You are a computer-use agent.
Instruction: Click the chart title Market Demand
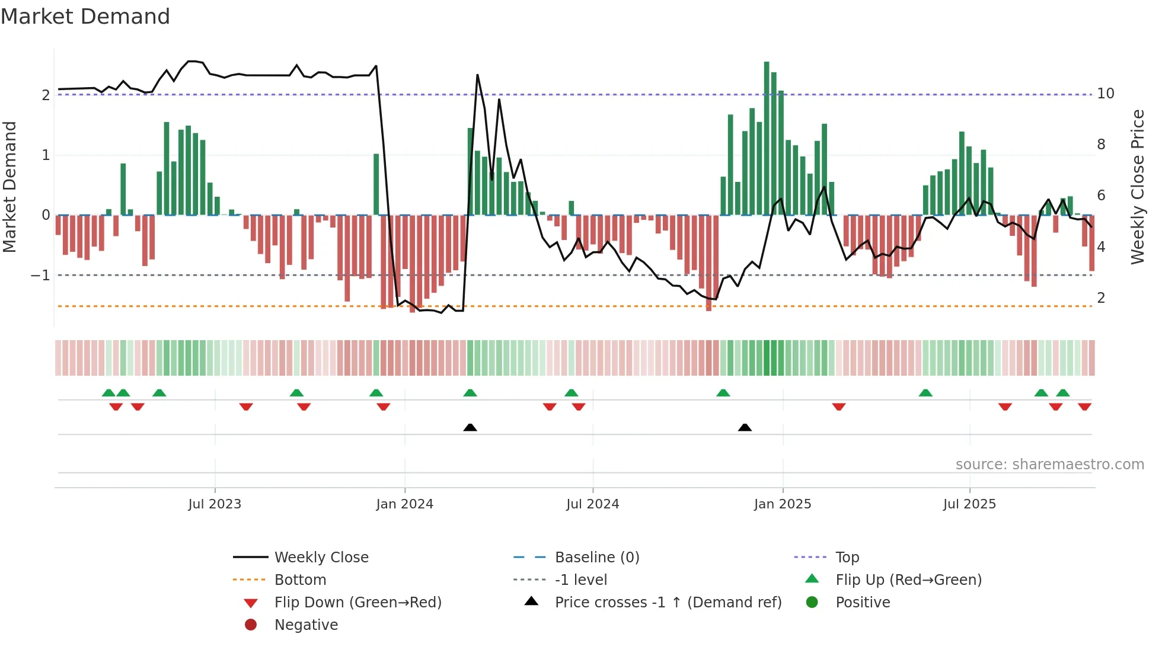coord(85,17)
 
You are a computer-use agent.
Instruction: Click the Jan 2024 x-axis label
coord(404,504)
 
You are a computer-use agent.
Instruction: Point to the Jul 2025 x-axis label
coord(969,504)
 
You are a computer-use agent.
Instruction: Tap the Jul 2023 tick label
coord(215,504)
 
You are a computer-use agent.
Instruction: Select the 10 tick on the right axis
coord(1105,94)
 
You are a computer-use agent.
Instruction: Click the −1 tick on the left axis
coord(40,276)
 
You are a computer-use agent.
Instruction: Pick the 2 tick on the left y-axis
coord(46,95)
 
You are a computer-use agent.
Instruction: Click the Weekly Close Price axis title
coord(1137,187)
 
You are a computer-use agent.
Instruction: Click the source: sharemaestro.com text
coord(1049,465)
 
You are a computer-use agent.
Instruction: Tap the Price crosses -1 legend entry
coord(668,603)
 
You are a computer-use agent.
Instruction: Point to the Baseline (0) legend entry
coord(596,558)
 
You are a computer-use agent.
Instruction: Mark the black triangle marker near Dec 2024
coord(745,428)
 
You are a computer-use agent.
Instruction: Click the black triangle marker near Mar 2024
coord(470,428)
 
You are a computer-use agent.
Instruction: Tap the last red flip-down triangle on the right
coord(1084,406)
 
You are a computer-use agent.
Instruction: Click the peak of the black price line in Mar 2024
coord(477,75)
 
